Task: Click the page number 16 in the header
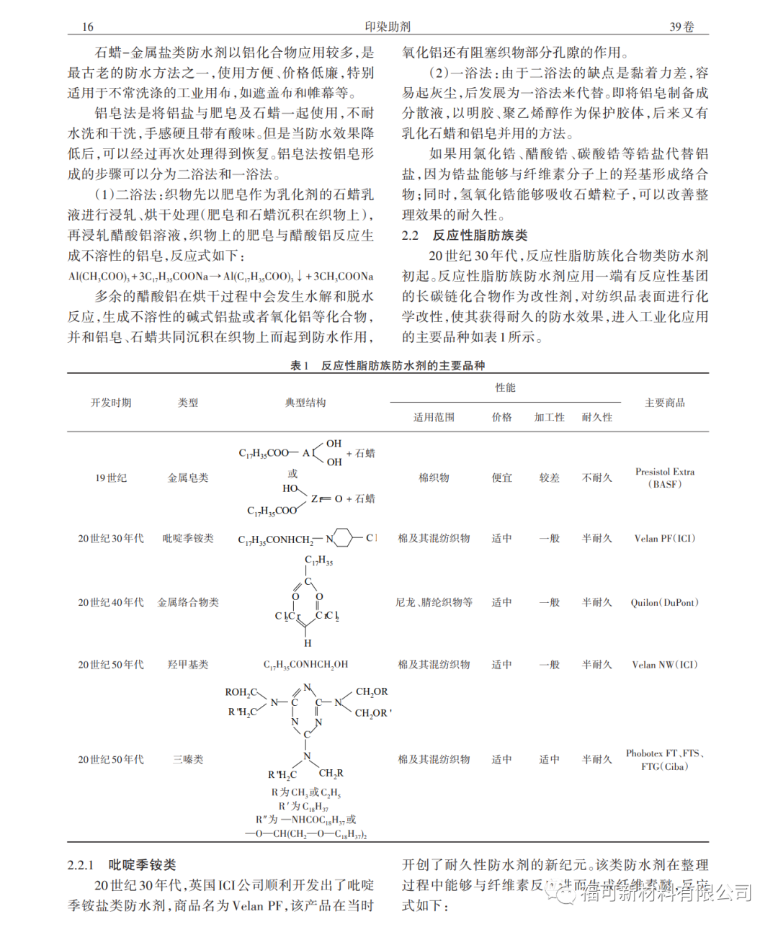coord(87,27)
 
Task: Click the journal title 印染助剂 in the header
coord(388,27)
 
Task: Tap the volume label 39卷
coord(681,27)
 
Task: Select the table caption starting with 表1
coord(388,366)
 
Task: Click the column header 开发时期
coord(111,403)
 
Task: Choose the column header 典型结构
coord(305,403)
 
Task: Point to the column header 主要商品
coord(664,403)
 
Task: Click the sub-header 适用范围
coord(434,417)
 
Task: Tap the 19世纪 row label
coord(111,478)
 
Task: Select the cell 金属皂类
coord(188,478)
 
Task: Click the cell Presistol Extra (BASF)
coord(665,478)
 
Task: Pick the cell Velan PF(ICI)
coord(665,538)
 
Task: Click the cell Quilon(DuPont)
coord(665,602)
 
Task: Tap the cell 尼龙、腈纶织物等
coord(434,602)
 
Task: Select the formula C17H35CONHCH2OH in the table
coord(305,665)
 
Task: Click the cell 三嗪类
coord(188,759)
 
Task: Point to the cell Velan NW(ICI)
coord(665,665)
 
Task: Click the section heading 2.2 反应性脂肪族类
coord(465,236)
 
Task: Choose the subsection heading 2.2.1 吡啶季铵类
coord(122,865)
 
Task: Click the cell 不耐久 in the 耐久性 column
coord(596,478)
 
